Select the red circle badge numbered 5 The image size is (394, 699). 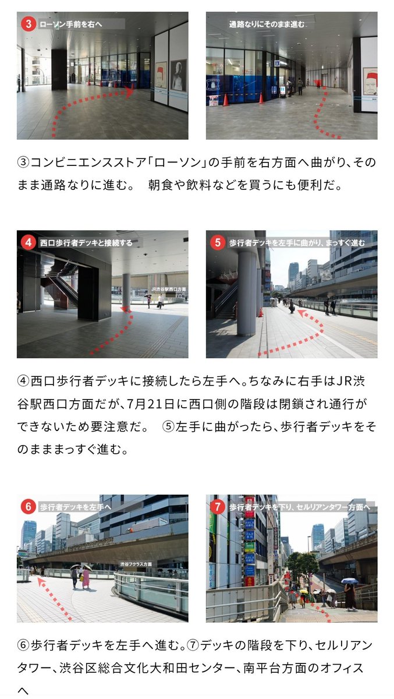pyautogui.click(x=217, y=242)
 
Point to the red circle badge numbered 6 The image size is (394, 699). pyautogui.click(x=28, y=506)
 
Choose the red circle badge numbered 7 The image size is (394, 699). pyautogui.click(x=217, y=506)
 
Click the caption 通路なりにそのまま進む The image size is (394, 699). pyautogui.click(x=267, y=24)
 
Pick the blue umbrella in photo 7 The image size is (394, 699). pyautogui.click(x=350, y=581)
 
